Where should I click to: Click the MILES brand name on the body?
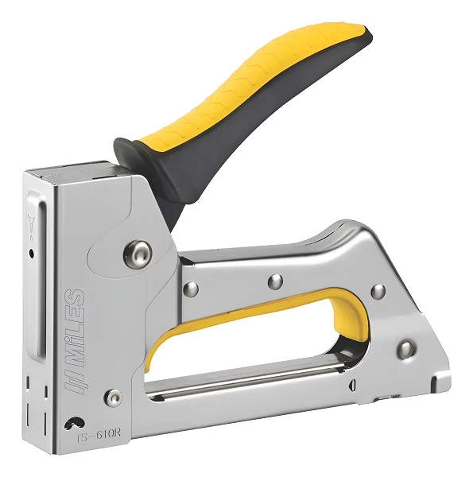click(x=74, y=319)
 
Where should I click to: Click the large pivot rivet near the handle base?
click(x=138, y=254)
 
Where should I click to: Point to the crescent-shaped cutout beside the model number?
click(x=76, y=422)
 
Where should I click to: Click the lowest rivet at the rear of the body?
click(x=406, y=348)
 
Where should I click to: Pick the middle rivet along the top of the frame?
click(x=275, y=281)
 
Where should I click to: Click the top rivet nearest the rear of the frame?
click(x=378, y=291)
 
